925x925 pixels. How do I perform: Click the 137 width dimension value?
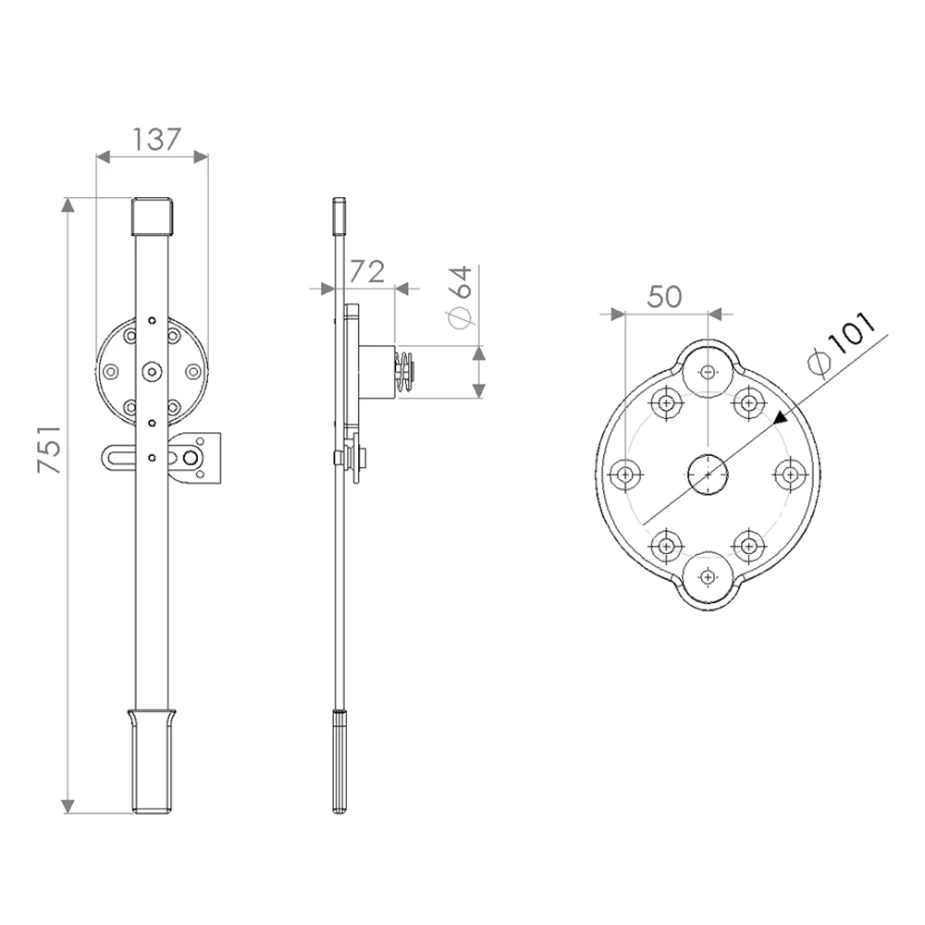pos(155,140)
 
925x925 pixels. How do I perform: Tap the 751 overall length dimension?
pos(50,449)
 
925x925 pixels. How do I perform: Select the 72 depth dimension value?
pos(367,271)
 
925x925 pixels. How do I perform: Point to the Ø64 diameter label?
pos(460,296)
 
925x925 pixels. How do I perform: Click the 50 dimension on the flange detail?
pos(664,297)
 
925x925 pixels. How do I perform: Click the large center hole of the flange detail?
pos(708,474)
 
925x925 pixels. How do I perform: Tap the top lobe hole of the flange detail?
pos(708,372)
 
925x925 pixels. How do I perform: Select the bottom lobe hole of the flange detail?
pos(708,576)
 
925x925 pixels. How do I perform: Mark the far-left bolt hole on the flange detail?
pos(625,475)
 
